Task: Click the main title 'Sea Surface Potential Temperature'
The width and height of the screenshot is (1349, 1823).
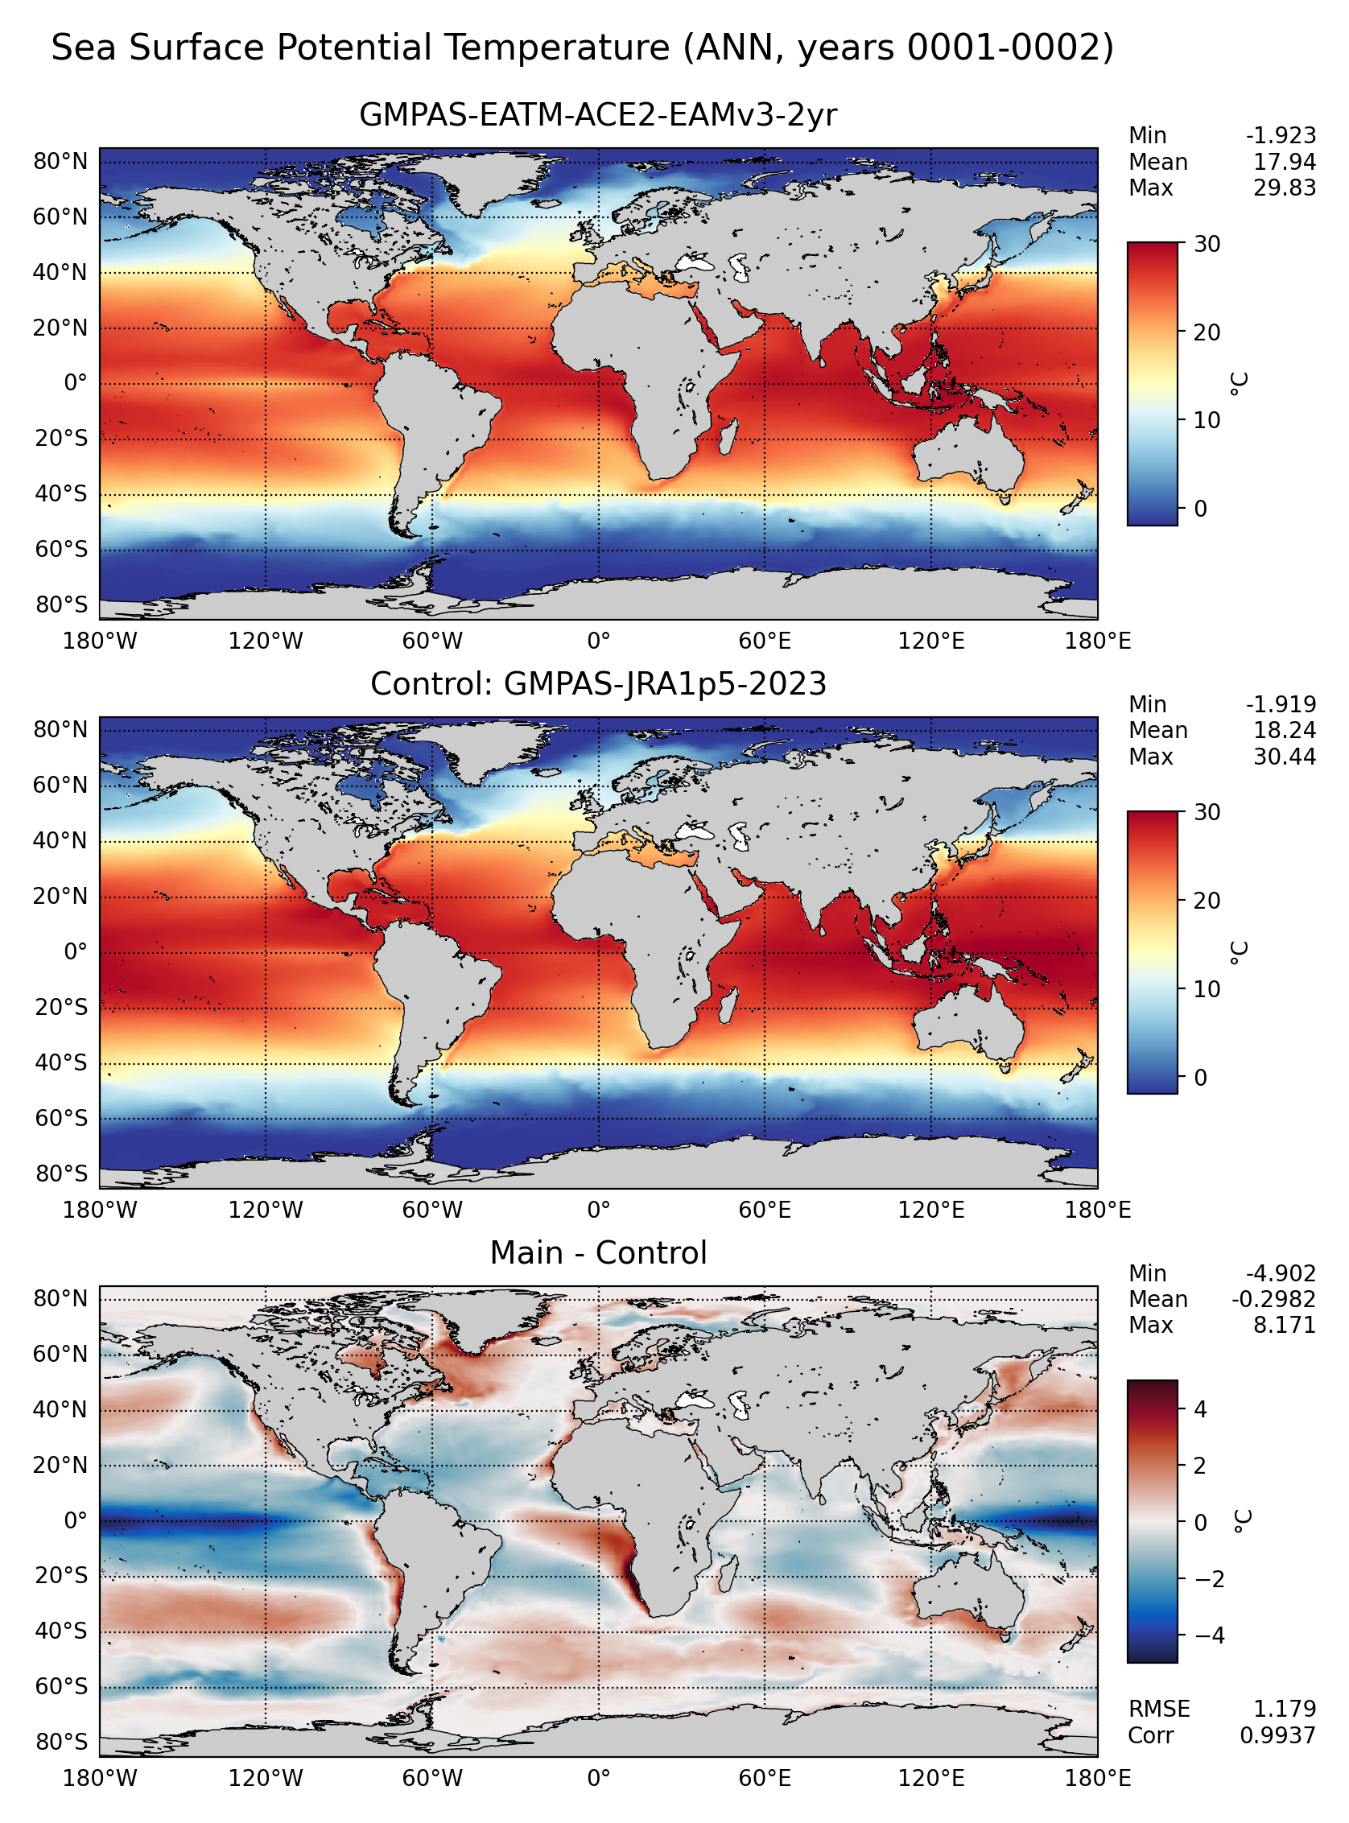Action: (x=360, y=48)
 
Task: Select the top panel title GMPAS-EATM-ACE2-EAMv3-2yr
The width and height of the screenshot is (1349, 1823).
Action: (x=598, y=115)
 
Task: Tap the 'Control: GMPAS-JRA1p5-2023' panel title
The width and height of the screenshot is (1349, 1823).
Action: (x=598, y=683)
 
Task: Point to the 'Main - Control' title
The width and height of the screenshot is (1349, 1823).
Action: (x=598, y=1252)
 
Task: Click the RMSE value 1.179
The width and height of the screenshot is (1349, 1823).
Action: (x=1285, y=1708)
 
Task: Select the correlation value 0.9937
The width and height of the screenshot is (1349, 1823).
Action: (x=1278, y=1734)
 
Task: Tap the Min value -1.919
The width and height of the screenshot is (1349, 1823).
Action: (x=1281, y=703)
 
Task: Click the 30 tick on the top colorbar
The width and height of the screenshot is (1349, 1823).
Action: (x=1206, y=244)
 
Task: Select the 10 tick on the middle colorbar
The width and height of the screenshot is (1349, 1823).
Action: (x=1206, y=989)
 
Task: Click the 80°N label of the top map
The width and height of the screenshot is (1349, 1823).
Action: (x=60, y=162)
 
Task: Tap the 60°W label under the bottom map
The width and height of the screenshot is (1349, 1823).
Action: (x=432, y=1778)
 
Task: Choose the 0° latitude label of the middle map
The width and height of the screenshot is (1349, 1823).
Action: (x=75, y=952)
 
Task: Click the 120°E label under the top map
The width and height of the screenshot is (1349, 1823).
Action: (x=931, y=641)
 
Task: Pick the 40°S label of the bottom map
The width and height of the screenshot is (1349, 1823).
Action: (x=60, y=1631)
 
